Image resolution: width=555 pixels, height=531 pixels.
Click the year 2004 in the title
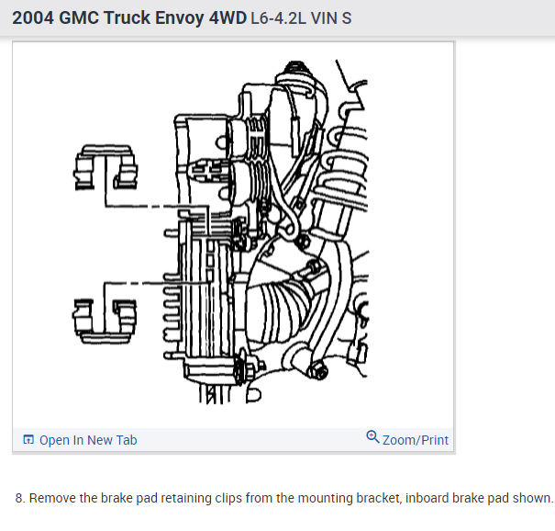[x=34, y=17]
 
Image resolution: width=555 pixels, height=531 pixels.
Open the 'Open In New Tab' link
[x=88, y=440]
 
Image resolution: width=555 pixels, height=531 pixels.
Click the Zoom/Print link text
[x=416, y=440]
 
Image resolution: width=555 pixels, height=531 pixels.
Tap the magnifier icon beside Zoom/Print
[x=372, y=437]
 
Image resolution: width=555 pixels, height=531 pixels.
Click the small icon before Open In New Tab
[x=28, y=440]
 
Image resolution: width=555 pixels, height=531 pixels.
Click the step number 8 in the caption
[x=20, y=499]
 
